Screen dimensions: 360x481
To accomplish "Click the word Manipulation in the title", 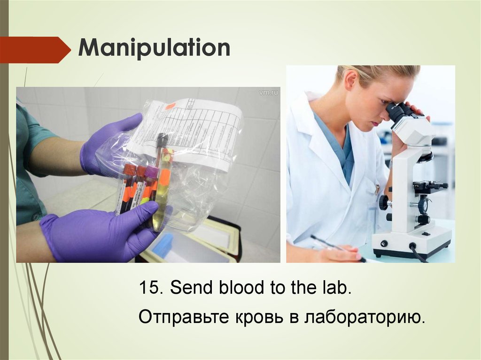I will click(x=154, y=48).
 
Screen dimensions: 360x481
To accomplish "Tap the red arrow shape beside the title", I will click(x=33, y=50).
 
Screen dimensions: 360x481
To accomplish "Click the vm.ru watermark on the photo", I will click(x=268, y=92).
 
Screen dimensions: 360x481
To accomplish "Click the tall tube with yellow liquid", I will click(x=162, y=188).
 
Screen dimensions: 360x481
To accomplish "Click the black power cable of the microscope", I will click(x=418, y=253).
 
